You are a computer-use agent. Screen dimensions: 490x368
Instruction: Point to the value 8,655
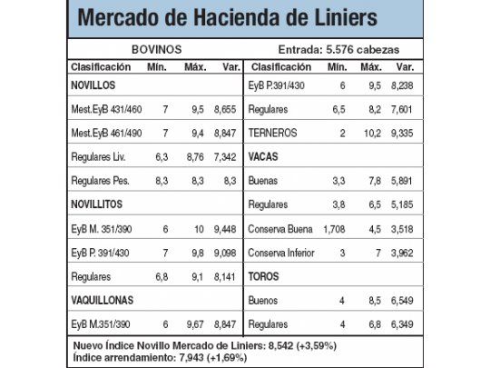tap(224, 109)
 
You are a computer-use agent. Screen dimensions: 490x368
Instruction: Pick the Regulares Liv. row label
tap(103, 156)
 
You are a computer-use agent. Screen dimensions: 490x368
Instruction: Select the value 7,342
tap(224, 156)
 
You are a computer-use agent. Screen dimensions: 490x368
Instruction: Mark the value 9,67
tap(193, 323)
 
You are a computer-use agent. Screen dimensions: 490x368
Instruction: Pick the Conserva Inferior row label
tap(287, 252)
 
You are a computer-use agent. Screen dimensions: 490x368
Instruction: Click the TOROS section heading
tap(264, 275)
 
